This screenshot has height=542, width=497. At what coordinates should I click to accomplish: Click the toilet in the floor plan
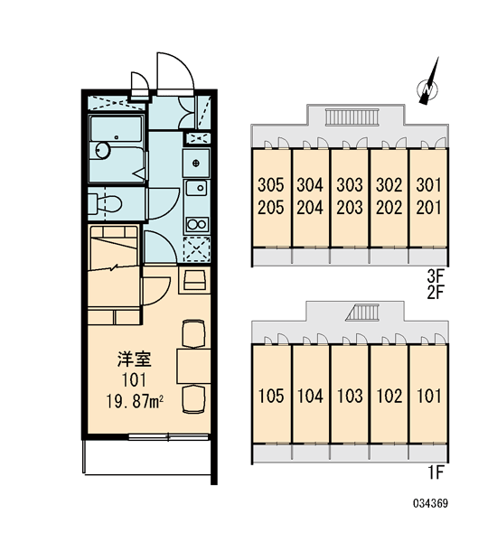click(105, 204)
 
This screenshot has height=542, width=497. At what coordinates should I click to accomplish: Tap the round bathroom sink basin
click(103, 150)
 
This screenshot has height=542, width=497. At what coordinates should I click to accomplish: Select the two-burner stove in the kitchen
click(197, 224)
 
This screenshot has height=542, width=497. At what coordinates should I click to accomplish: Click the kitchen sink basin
click(196, 188)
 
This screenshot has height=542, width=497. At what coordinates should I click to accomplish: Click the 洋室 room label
click(135, 360)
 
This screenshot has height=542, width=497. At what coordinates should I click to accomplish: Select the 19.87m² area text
click(135, 402)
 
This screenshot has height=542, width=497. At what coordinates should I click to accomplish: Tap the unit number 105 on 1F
click(271, 396)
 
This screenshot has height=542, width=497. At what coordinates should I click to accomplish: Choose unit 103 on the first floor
click(350, 396)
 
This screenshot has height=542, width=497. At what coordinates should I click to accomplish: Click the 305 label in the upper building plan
click(271, 185)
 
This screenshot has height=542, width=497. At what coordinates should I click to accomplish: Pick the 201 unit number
click(429, 208)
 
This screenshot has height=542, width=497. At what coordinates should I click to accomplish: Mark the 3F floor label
click(435, 276)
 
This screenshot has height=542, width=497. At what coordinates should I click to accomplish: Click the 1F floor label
click(436, 472)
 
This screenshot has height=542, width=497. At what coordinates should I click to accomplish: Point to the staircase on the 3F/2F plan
click(352, 117)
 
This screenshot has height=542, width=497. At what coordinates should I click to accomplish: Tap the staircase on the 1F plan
click(362, 313)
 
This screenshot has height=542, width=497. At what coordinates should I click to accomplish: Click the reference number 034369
click(431, 503)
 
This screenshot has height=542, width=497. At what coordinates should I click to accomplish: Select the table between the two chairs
click(193, 367)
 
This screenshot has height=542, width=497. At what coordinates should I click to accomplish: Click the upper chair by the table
click(193, 333)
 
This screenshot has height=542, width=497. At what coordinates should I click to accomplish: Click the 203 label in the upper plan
click(350, 208)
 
